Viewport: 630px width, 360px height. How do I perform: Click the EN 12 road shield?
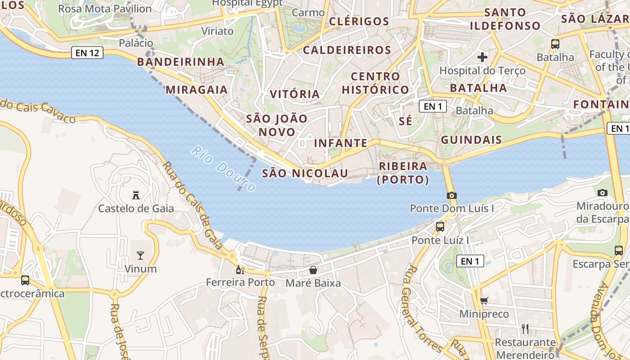(87, 53)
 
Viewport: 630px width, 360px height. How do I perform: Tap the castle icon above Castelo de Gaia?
(135, 195)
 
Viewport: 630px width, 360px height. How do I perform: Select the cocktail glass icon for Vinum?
(140, 256)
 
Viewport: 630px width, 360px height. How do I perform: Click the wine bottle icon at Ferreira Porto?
(240, 270)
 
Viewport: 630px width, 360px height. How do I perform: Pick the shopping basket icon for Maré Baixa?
(313, 270)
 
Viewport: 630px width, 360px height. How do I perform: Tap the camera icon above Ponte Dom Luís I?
(451, 195)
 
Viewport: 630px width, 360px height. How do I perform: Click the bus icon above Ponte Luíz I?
(440, 227)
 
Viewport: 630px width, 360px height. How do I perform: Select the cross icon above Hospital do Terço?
(482, 57)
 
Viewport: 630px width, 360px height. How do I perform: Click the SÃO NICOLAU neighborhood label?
(305, 173)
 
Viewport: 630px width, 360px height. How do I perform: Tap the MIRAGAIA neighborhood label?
(197, 90)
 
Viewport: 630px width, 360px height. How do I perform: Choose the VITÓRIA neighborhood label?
(295, 94)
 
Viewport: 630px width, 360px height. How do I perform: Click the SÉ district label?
(405, 121)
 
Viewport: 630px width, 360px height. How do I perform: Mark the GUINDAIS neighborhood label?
(471, 140)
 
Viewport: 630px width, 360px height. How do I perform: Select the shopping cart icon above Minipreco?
(484, 301)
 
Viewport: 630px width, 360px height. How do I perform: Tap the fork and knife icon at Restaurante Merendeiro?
(525, 329)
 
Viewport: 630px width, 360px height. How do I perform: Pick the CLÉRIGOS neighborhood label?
(359, 22)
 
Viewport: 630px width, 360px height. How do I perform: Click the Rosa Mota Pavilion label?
(105, 9)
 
